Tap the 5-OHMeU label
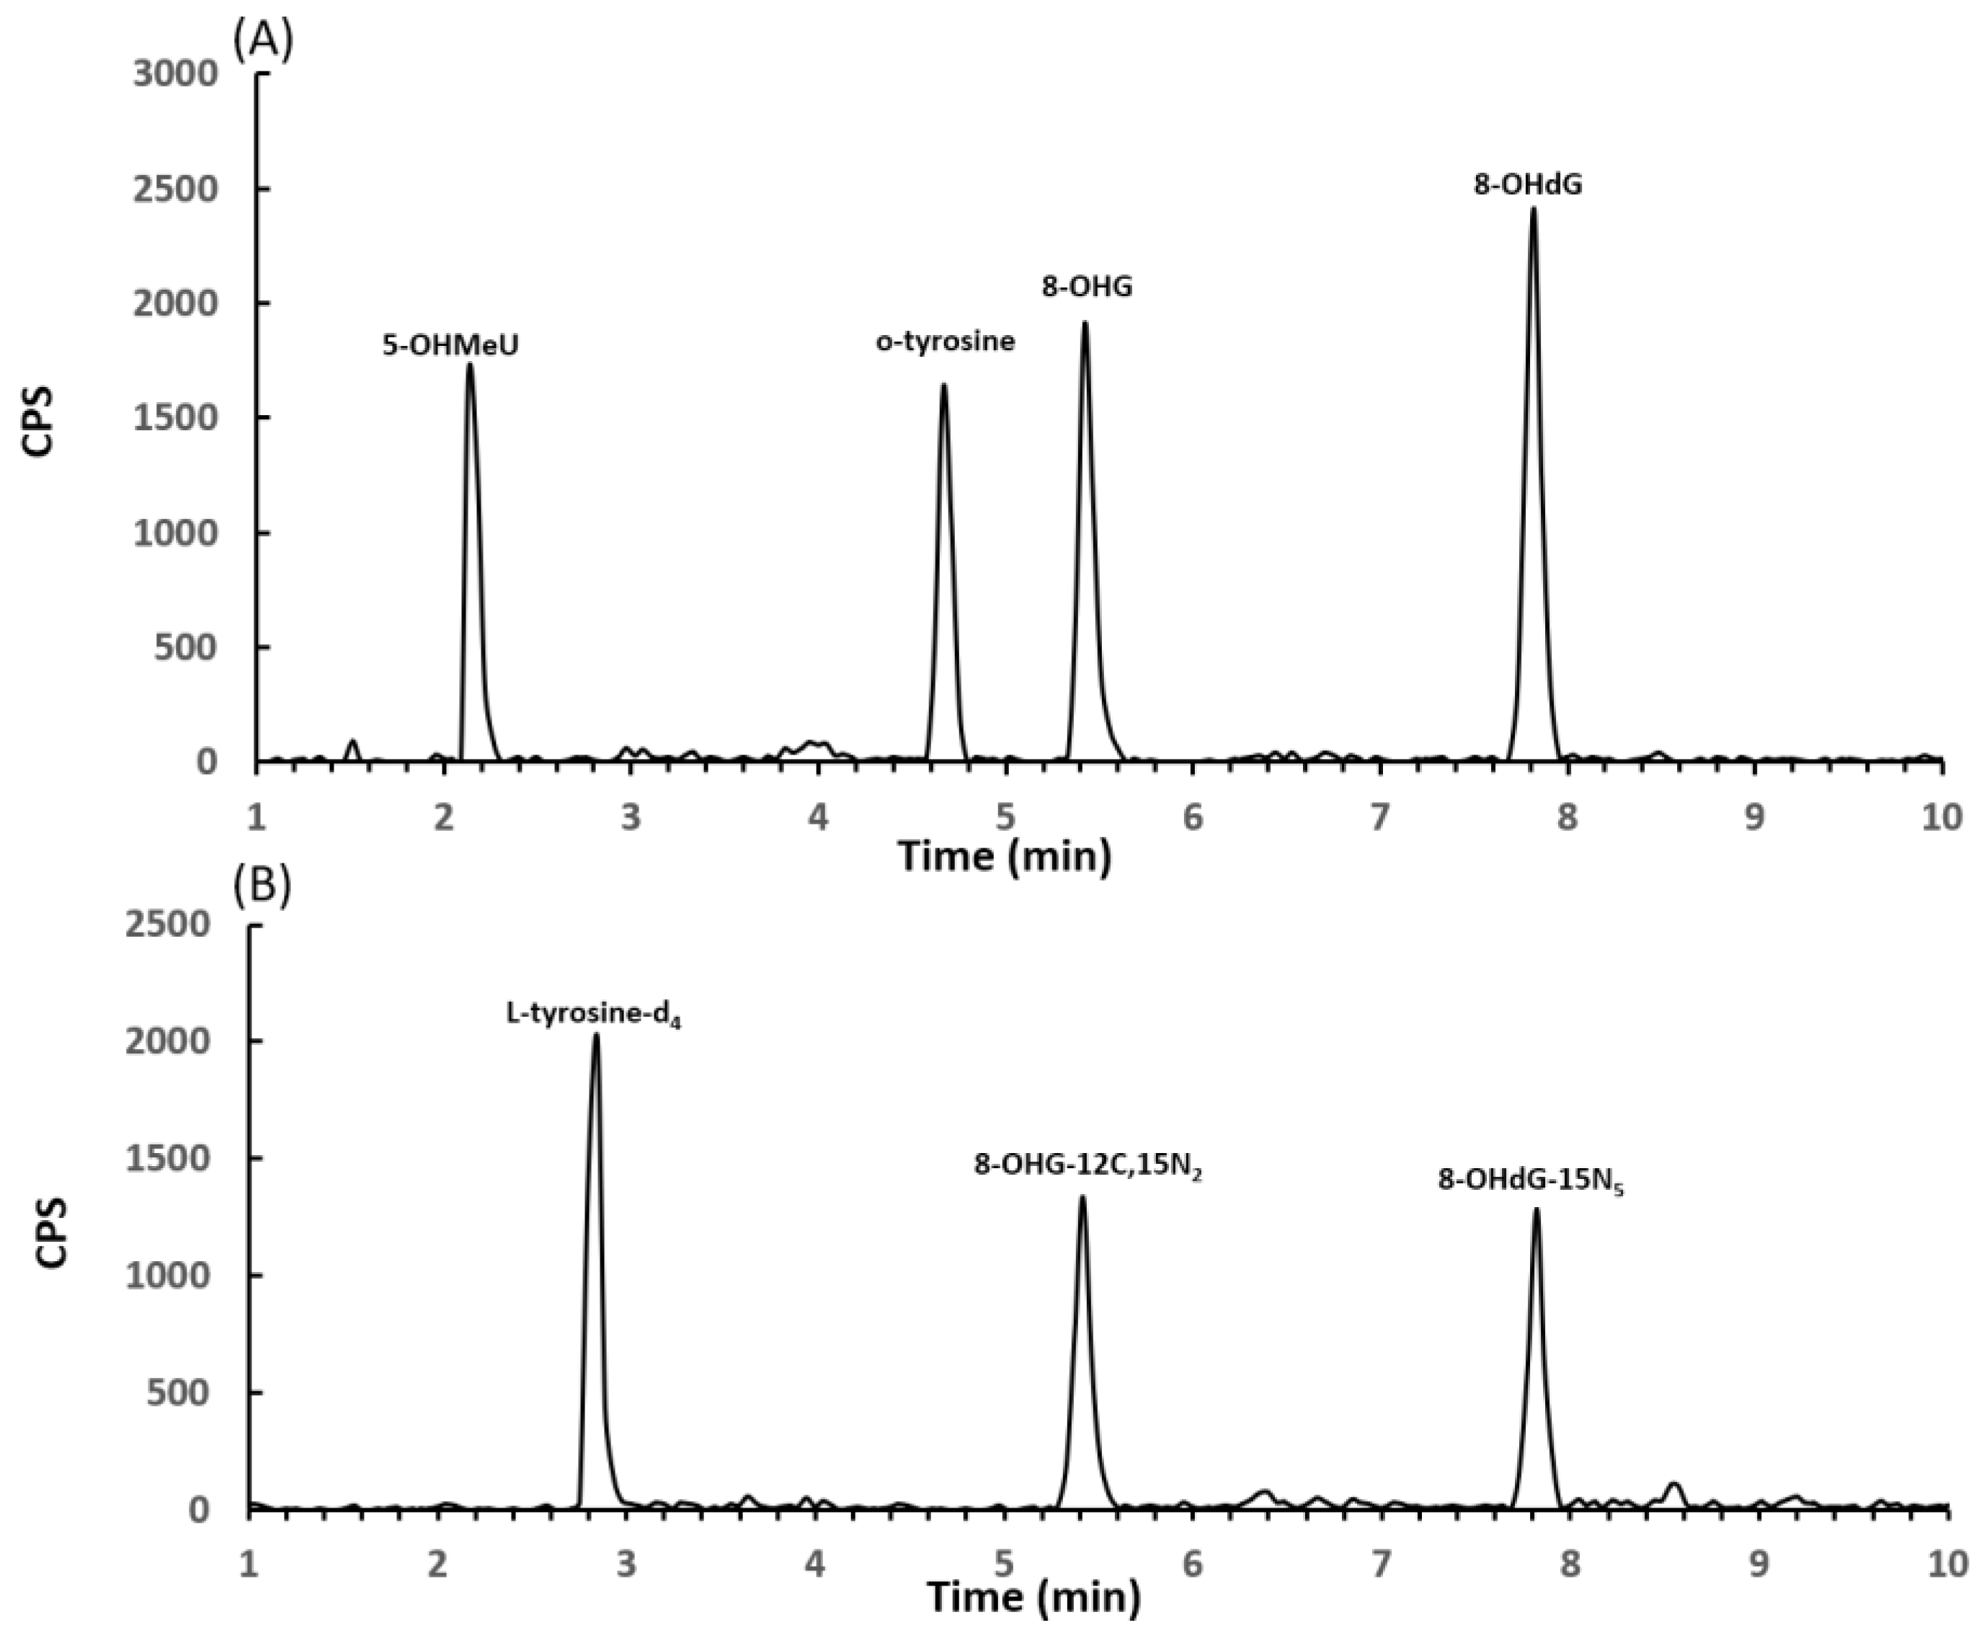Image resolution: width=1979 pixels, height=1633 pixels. point(450,346)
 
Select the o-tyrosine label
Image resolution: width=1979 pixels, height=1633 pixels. point(946,341)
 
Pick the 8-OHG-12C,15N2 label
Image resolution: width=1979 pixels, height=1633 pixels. point(1088,1167)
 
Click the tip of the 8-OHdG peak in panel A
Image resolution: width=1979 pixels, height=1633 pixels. point(1533,209)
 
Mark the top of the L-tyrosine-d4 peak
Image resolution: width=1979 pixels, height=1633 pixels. point(595,1036)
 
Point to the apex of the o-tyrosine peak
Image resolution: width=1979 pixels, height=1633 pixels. point(943,385)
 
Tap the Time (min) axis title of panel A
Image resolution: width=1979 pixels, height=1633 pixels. point(1004,856)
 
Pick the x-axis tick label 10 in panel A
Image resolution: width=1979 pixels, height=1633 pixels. point(1940,816)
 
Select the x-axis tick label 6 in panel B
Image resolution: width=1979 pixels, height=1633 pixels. point(1192,1563)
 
